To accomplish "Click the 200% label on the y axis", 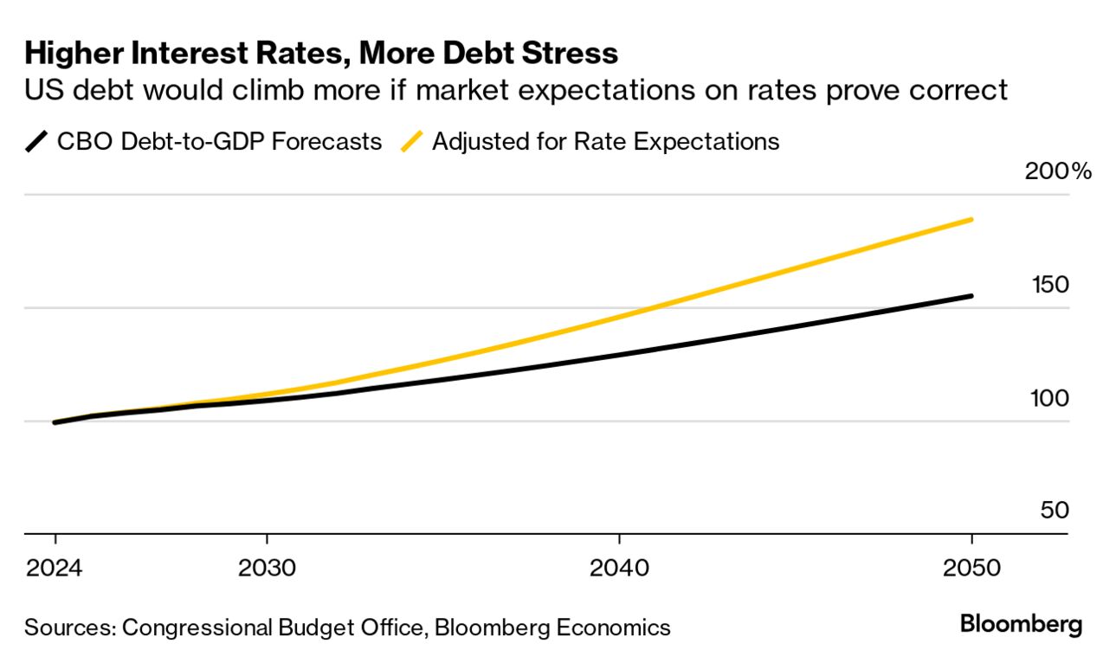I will pyautogui.click(x=1058, y=171).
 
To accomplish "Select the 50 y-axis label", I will pyautogui.click(x=1055, y=511).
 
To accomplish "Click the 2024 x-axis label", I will pyautogui.click(x=55, y=569).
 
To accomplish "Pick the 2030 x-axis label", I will pyautogui.click(x=267, y=569).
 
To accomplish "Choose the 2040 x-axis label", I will pyautogui.click(x=618, y=569).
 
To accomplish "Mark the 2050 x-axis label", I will pyautogui.click(x=971, y=569).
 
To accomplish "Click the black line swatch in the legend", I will pyautogui.click(x=37, y=141).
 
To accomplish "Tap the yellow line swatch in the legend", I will pyautogui.click(x=413, y=141).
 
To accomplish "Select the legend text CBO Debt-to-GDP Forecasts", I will pyautogui.click(x=219, y=141).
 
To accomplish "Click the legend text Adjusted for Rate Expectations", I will pyautogui.click(x=605, y=141).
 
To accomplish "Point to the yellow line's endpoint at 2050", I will pyautogui.click(x=971, y=220).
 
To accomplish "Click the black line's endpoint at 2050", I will pyautogui.click(x=971, y=296).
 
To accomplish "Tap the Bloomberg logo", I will pyautogui.click(x=1021, y=624).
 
